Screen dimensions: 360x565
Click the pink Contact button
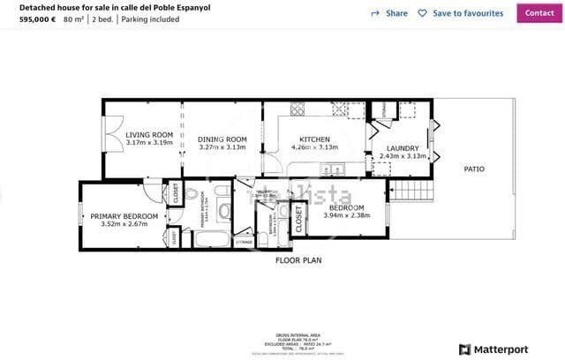point(539,12)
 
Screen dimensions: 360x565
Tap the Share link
point(389,13)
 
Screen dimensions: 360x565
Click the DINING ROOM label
point(222,139)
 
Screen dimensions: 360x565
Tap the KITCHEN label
point(314,139)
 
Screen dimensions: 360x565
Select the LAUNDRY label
point(403,148)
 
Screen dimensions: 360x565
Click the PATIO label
point(474,169)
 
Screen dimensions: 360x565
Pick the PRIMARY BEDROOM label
point(124,216)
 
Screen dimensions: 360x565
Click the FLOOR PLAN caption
point(298,260)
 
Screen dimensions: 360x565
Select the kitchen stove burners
point(298,110)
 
